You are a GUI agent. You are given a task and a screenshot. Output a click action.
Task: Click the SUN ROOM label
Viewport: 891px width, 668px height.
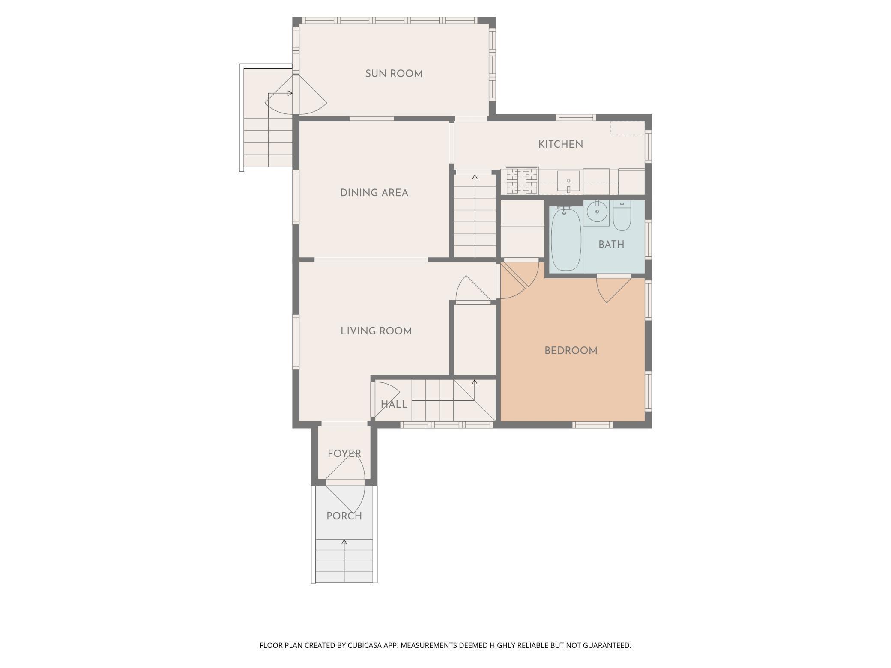point(394,74)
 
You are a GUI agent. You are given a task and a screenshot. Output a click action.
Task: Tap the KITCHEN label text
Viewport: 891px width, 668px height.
point(561,144)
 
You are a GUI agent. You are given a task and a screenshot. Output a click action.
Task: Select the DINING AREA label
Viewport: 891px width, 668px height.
point(374,193)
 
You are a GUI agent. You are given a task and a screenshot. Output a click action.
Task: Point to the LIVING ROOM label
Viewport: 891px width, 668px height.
point(376,331)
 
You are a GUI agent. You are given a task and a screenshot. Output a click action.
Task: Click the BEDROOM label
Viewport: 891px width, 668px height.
point(571,351)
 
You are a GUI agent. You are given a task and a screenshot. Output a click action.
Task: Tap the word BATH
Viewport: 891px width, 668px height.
point(611,245)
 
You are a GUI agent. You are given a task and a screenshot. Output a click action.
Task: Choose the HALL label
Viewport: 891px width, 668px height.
point(394,404)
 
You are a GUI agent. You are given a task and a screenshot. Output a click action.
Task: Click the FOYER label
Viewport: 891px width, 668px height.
point(344,453)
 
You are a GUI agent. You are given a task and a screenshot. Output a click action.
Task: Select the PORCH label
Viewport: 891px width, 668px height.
point(344,516)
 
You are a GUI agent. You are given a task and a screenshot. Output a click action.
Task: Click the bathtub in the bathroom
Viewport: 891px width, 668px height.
point(566,239)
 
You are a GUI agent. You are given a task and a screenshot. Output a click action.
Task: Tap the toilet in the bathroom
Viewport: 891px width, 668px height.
point(622,215)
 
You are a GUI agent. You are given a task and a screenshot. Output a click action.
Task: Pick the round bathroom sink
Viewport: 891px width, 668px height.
point(597,212)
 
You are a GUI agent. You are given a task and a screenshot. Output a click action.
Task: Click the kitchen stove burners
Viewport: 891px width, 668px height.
point(522,181)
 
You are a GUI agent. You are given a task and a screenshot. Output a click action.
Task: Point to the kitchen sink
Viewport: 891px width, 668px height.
point(568,181)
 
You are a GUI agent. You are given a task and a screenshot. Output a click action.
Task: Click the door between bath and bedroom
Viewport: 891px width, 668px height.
point(614,289)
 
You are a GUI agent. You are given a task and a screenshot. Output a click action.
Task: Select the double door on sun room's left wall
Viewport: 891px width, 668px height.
point(296,95)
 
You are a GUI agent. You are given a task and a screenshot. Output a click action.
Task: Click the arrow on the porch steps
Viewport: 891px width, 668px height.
point(344,561)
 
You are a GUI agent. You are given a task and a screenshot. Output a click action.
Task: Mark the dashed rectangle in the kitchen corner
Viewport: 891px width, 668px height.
point(628,128)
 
